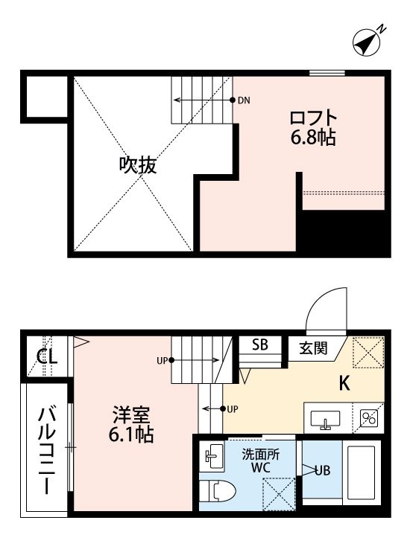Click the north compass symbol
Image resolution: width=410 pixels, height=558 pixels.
[x=368, y=42]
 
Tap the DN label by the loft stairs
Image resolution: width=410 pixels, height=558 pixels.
[x=244, y=100]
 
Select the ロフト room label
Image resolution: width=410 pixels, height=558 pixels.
[x=313, y=118]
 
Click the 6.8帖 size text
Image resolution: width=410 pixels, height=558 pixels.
[x=313, y=138]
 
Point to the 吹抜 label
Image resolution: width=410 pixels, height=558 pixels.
[x=138, y=165]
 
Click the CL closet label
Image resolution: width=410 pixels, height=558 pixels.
[x=47, y=356]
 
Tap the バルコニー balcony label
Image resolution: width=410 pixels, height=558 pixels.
[x=47, y=451]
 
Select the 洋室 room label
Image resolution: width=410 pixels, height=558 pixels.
[x=131, y=414]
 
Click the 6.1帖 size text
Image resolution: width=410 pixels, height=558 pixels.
[x=131, y=434]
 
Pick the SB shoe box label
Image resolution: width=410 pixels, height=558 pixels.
[x=260, y=344]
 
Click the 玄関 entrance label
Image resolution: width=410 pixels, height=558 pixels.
[x=312, y=347]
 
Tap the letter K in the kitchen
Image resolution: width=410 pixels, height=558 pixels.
[x=344, y=383]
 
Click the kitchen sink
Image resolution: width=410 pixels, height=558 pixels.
[x=325, y=420]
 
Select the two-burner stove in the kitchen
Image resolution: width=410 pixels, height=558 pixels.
[x=369, y=418]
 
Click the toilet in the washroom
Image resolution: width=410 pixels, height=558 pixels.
[x=218, y=492]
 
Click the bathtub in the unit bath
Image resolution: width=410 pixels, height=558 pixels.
[x=362, y=472]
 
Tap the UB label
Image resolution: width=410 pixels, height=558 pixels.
[x=322, y=470]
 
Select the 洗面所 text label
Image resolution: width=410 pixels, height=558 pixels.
[x=261, y=455]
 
